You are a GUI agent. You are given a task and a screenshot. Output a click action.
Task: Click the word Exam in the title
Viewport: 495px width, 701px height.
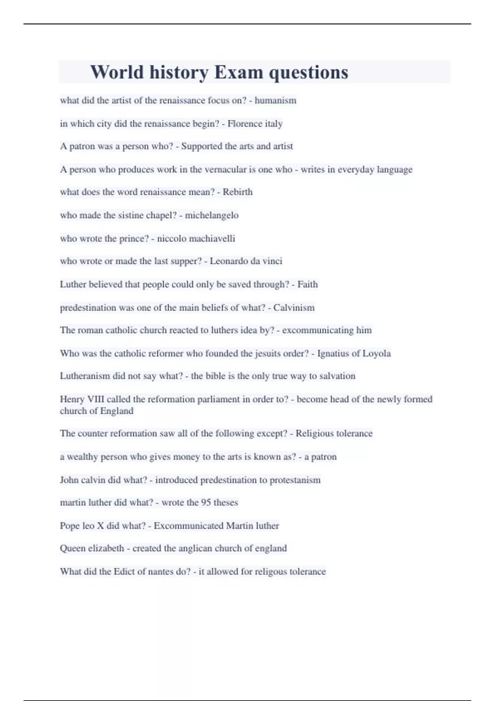[x=238, y=72]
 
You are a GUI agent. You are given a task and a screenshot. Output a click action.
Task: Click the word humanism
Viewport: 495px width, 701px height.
[x=275, y=100]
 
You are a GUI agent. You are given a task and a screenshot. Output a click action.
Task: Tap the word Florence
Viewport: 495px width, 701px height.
[x=245, y=123]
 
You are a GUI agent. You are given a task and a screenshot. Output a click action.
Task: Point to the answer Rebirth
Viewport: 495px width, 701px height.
[x=238, y=192]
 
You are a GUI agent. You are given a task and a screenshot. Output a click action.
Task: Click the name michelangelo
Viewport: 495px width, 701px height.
[x=212, y=215]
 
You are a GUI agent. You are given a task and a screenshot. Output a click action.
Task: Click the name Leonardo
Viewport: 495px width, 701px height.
[x=229, y=261]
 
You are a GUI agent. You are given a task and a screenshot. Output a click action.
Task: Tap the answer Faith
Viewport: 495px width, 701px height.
[x=308, y=284]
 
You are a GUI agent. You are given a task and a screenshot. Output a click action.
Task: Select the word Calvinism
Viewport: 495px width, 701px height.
[x=294, y=308]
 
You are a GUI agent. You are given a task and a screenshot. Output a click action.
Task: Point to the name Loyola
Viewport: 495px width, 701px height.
[x=377, y=353]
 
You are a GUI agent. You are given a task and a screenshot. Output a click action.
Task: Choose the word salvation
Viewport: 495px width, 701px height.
[x=337, y=376]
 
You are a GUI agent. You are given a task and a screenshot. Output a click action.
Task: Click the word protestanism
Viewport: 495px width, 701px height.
[x=295, y=480]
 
